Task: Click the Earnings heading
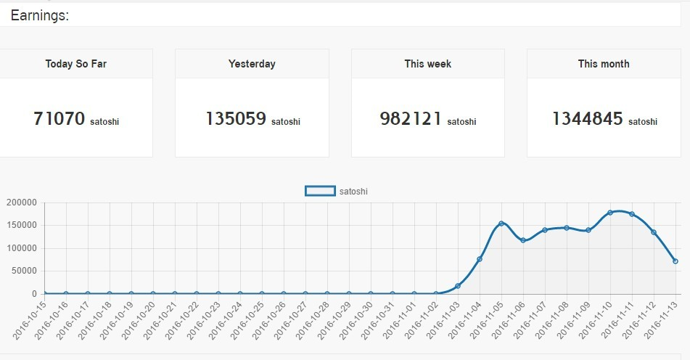[40, 15]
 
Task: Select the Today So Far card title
[76, 64]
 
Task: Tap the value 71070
[59, 118]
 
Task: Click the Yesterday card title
[252, 64]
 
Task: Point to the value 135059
[236, 118]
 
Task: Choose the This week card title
[428, 64]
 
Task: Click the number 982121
[411, 118]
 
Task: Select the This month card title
[604, 64]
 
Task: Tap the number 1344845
[587, 118]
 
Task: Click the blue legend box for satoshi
[320, 191]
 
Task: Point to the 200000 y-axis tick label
[21, 202]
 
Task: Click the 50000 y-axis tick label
[23, 271]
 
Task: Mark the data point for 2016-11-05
[501, 224]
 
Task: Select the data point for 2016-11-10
[610, 213]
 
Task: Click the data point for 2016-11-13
[675, 261]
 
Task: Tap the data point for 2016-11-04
[480, 259]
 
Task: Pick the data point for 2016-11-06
[523, 240]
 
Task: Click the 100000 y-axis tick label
[21, 248]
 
